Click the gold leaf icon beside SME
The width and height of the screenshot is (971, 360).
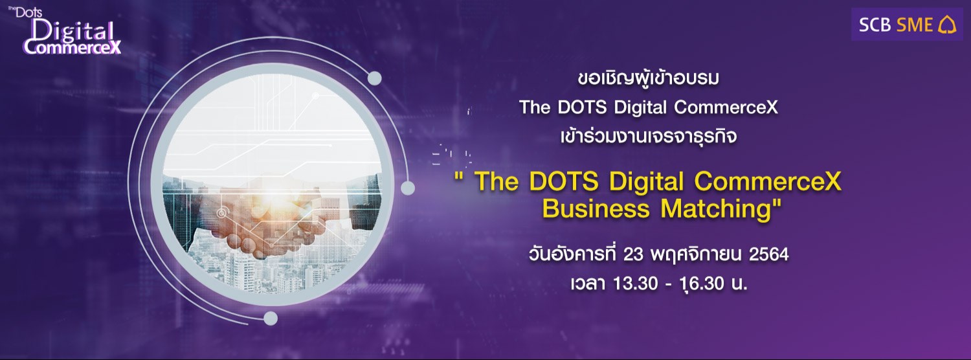947,25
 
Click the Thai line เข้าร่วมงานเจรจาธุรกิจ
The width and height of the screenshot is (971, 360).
647,137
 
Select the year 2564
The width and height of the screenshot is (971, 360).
768,255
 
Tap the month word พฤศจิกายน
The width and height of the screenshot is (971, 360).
697,255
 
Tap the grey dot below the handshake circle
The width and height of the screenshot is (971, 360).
271,318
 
